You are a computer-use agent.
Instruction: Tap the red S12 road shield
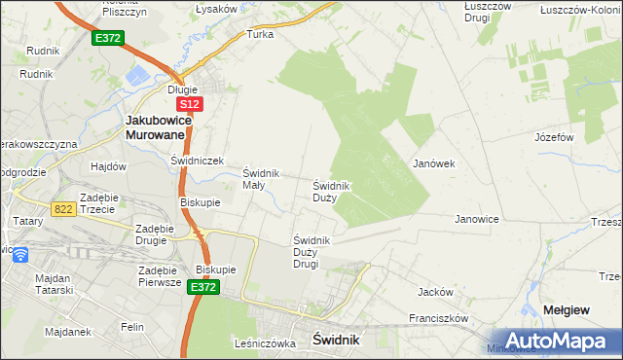189,103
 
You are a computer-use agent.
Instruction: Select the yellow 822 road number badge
64,208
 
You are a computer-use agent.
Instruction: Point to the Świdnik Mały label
261,179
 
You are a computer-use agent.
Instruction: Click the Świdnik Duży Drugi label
312,252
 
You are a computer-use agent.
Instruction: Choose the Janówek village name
434,163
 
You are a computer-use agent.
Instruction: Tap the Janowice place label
477,219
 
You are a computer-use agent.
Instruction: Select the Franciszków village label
439,318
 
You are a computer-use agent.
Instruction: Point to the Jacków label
435,292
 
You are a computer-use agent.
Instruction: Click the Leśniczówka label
265,342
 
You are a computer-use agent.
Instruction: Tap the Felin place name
133,328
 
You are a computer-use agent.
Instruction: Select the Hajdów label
109,166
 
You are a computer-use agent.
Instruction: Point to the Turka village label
261,34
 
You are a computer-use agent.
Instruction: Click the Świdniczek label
198,161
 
